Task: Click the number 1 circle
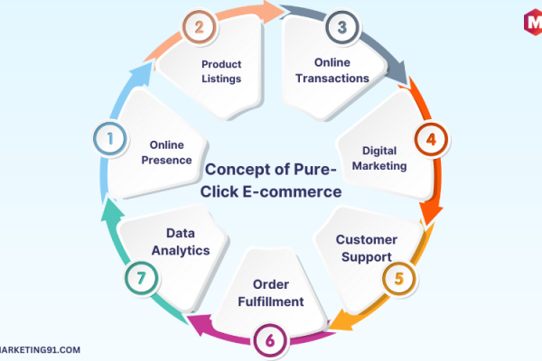point(110,139)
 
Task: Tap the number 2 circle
point(199,27)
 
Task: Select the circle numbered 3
point(342,27)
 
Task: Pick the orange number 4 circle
point(431,140)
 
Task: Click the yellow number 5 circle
point(399,279)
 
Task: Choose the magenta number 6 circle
point(270,340)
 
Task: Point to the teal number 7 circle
point(141,278)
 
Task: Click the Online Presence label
point(166,153)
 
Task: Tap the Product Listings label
point(221,71)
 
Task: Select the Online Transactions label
point(332,70)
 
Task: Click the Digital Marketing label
point(379,158)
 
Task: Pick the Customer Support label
point(367,248)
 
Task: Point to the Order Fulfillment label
point(271,293)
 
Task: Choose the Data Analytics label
point(181,242)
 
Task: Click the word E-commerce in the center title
point(292,191)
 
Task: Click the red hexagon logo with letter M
point(533,22)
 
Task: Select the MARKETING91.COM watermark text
point(40,350)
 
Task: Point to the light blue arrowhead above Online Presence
point(141,74)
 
